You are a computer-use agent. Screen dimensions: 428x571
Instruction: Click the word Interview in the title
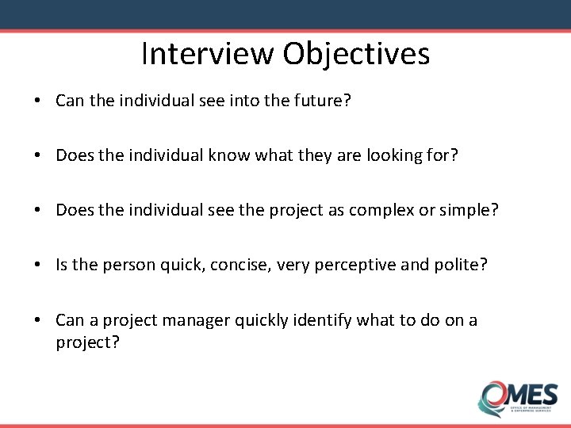(207, 54)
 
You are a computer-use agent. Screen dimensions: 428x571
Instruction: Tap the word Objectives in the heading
(355, 54)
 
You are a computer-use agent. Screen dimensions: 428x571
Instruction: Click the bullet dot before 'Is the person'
(38, 264)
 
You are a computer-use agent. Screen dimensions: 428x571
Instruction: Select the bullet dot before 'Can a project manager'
(38, 320)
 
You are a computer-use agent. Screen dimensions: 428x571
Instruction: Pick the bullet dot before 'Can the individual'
(38, 101)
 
